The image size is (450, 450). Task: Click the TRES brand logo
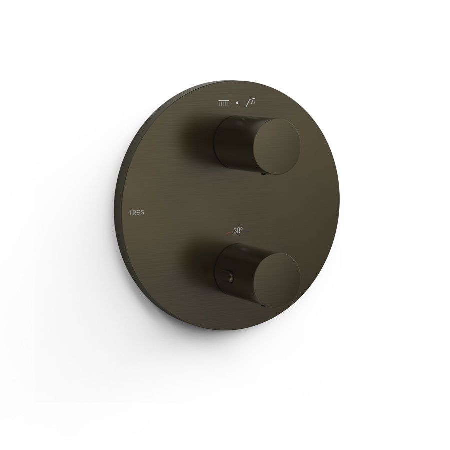pos(136,213)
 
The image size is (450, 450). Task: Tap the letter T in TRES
pos(130,213)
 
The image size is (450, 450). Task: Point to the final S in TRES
pos(142,213)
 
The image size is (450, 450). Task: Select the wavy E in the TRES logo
pos(138,213)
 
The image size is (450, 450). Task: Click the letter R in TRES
pos(134,213)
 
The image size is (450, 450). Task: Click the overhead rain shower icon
pos(224,103)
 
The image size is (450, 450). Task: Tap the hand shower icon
pos(251,102)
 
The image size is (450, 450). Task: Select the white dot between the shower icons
pos(237,103)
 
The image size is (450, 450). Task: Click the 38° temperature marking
pos(238,230)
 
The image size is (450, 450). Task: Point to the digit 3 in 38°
pos(235,230)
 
